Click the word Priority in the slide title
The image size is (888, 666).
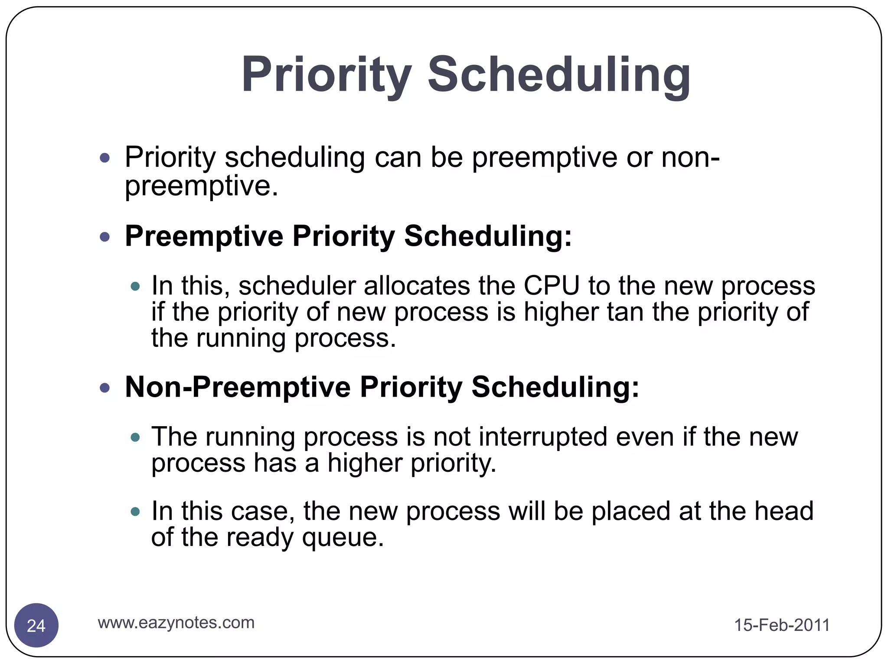click(326, 75)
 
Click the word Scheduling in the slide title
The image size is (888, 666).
click(559, 75)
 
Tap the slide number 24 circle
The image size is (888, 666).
click(36, 625)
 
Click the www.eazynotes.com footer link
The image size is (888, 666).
click(176, 623)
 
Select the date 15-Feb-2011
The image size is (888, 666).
click(782, 625)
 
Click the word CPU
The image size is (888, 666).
click(551, 286)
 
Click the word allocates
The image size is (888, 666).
click(417, 286)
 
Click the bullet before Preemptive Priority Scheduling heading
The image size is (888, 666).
click(104, 237)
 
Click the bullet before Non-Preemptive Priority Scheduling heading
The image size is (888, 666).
click(104, 387)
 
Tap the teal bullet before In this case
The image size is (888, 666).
click(135, 512)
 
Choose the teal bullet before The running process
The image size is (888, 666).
click(135, 437)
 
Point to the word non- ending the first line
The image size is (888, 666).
click(690, 157)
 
